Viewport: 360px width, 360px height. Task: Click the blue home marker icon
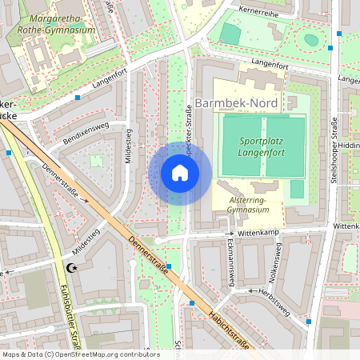click(180, 173)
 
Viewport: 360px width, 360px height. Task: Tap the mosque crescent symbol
click(73, 268)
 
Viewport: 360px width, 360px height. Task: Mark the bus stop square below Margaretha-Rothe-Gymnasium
click(78, 98)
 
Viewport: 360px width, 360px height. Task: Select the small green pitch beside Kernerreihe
click(230, 34)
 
